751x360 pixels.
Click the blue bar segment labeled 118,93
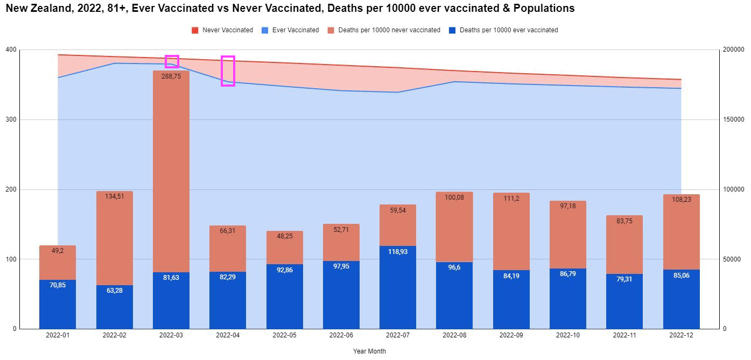pyautogui.click(x=398, y=288)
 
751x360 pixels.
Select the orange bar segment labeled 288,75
pyautogui.click(x=171, y=171)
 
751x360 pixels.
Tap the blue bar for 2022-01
pyautogui.click(x=58, y=304)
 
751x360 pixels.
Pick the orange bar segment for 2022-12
pyautogui.click(x=682, y=232)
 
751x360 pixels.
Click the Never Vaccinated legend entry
pyautogui.click(x=222, y=30)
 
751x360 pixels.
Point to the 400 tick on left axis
pyautogui.click(x=10, y=50)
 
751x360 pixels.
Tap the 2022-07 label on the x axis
pyautogui.click(x=398, y=335)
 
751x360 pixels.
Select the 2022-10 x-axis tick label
pyautogui.click(x=568, y=335)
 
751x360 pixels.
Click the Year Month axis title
pyautogui.click(x=369, y=351)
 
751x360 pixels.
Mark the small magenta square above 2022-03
pyautogui.click(x=172, y=61)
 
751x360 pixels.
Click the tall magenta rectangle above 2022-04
pyautogui.click(x=228, y=71)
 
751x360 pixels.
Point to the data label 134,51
pyautogui.click(x=114, y=196)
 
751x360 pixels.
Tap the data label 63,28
pyautogui.click(x=114, y=291)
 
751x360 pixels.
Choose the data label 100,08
pyautogui.click(x=454, y=197)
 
